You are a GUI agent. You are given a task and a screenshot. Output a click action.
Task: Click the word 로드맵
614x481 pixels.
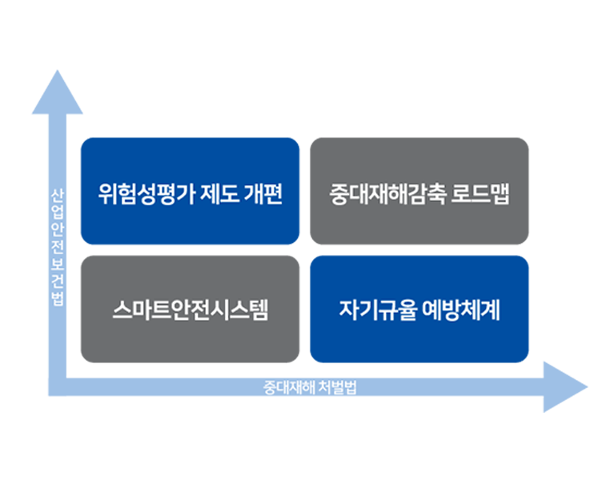484,194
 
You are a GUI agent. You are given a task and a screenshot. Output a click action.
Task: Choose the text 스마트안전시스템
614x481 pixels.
190,309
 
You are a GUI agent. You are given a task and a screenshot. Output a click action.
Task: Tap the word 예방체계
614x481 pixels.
460,309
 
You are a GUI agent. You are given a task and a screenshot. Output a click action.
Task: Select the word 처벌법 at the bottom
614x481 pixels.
336,387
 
